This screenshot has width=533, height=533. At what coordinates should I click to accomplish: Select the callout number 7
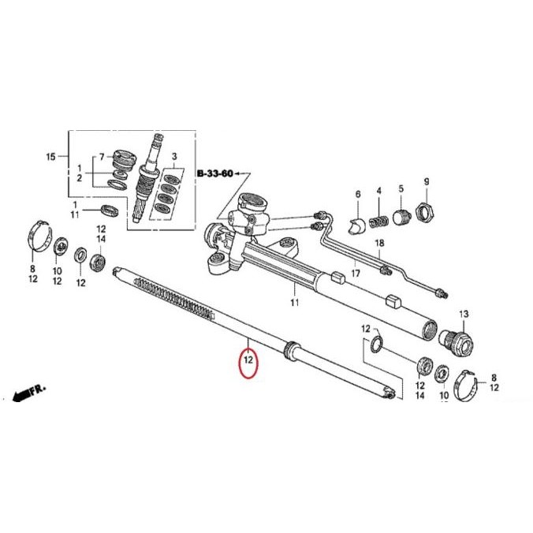click(x=101, y=156)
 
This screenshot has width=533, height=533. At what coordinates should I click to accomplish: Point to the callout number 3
click(x=175, y=157)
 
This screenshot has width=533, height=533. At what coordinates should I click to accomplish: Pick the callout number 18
click(x=378, y=244)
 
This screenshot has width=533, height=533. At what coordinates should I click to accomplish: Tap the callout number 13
click(x=464, y=314)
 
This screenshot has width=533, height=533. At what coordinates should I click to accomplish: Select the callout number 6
click(x=356, y=194)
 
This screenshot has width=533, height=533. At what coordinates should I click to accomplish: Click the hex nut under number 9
click(x=426, y=212)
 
